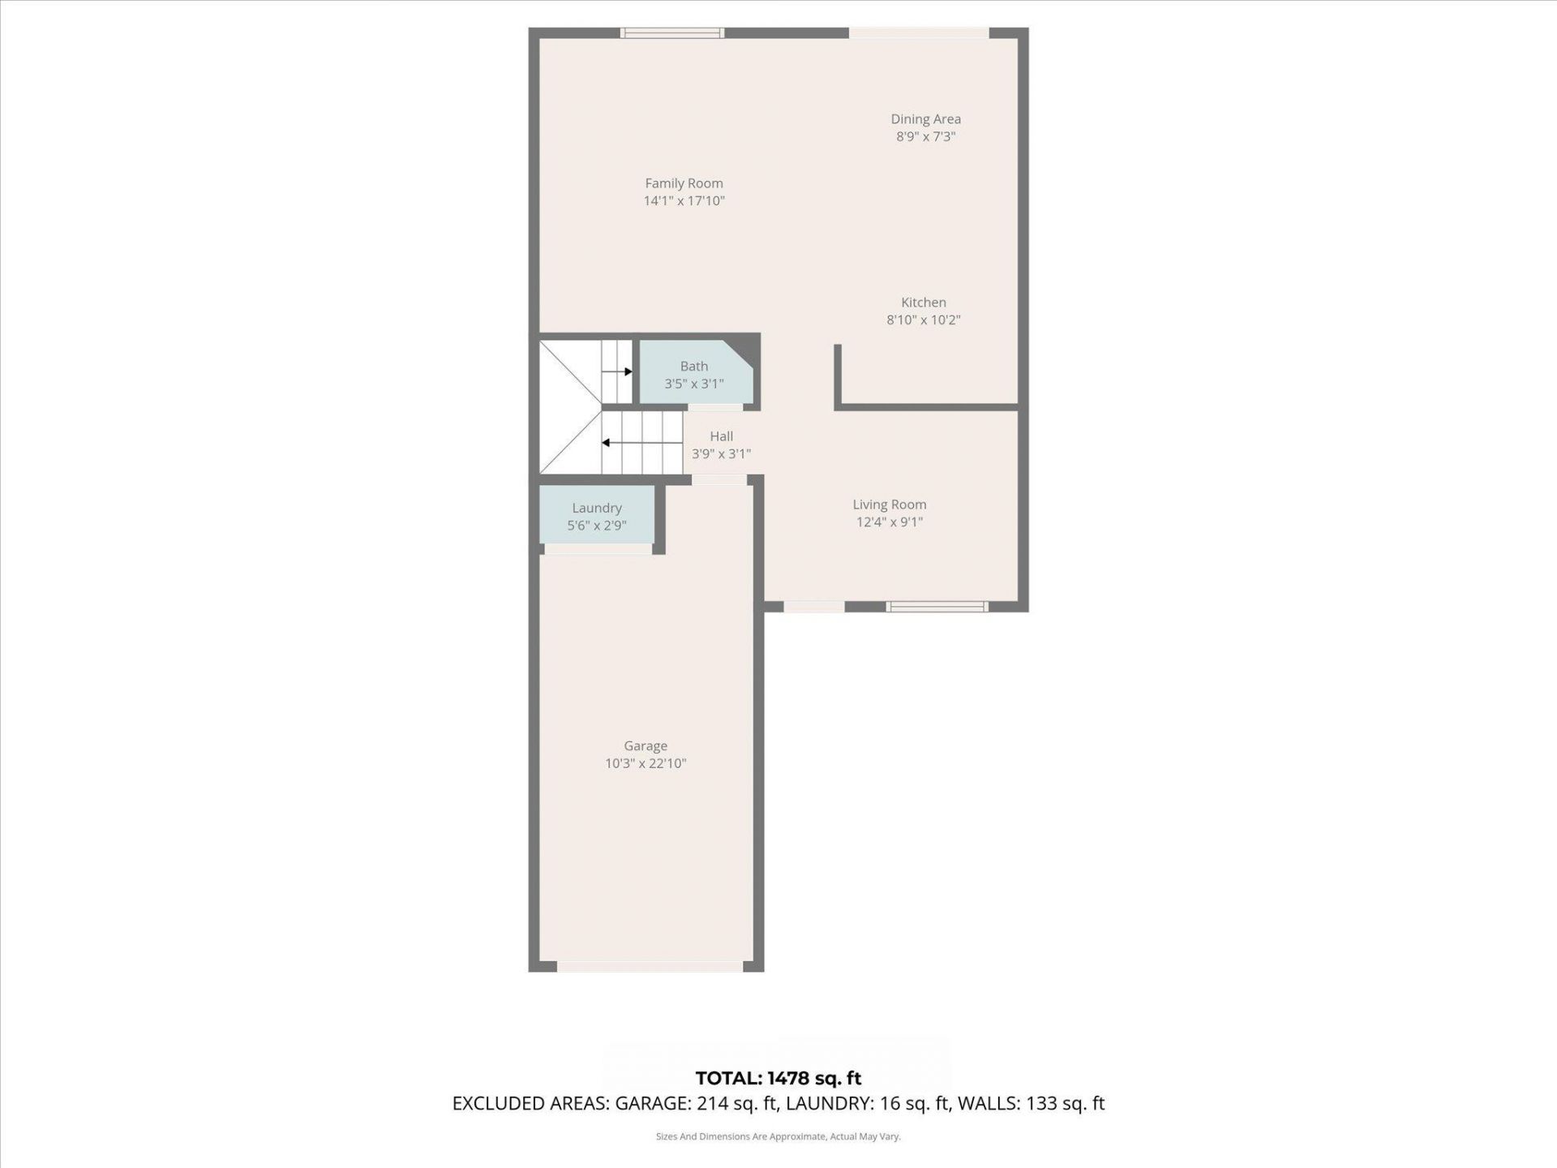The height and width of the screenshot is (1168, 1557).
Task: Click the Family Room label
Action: point(684,183)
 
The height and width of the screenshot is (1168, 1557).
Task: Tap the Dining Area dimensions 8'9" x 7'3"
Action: point(925,137)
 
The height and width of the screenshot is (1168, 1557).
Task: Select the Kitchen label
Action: point(923,303)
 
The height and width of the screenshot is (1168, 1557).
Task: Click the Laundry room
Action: point(596,516)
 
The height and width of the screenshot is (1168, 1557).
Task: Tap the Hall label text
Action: point(721,436)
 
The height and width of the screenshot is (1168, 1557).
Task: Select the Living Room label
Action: point(889,505)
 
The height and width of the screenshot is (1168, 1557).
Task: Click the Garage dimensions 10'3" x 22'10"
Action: point(646,763)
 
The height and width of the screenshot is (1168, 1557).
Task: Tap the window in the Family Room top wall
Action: point(671,33)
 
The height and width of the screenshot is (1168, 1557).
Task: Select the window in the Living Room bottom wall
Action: point(937,607)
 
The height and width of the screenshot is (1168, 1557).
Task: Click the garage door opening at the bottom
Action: point(649,966)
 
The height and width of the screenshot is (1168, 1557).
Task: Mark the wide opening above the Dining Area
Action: point(918,33)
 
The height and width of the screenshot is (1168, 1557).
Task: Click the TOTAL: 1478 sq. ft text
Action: point(778,1078)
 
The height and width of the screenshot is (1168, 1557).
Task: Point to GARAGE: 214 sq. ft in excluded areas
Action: point(697,1103)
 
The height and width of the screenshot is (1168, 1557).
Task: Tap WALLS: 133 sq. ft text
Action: point(1031,1103)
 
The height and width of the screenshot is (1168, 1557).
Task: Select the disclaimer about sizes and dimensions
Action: point(778,1136)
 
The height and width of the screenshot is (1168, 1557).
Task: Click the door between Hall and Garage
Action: point(718,480)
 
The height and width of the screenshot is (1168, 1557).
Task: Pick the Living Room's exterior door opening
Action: point(813,607)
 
